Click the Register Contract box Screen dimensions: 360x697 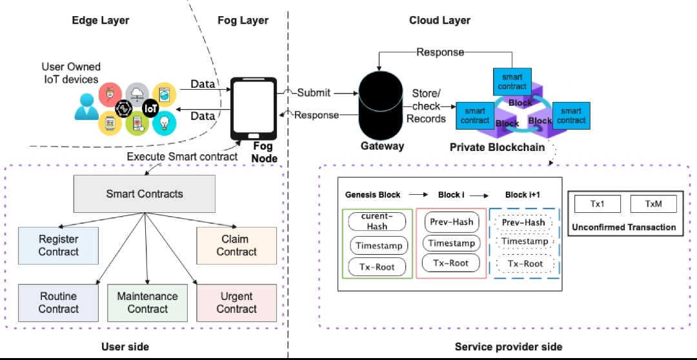click(x=58, y=246)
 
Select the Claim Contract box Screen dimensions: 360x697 click(x=236, y=246)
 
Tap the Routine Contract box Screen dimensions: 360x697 click(x=58, y=303)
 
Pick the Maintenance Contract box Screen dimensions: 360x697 click(x=148, y=303)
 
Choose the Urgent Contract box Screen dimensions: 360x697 click(x=236, y=303)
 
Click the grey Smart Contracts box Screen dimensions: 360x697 click(x=145, y=194)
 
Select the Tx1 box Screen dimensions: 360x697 click(x=596, y=204)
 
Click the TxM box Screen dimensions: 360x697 click(x=653, y=204)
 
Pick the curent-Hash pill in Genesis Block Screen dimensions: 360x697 click(x=377, y=221)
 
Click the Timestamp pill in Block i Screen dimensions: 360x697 click(x=452, y=243)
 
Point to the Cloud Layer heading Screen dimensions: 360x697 click(x=439, y=20)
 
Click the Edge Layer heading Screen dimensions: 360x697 click(x=101, y=20)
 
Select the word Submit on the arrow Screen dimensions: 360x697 click(x=314, y=93)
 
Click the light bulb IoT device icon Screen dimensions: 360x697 click(x=165, y=121)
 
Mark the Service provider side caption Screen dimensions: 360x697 click(x=508, y=347)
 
